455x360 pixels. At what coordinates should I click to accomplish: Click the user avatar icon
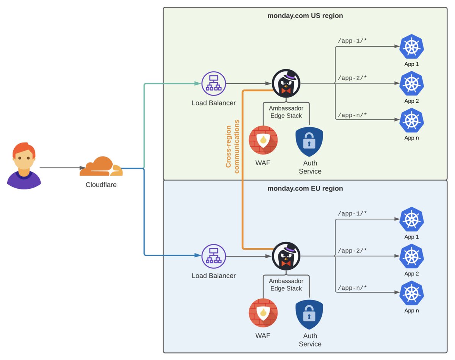pos(24,166)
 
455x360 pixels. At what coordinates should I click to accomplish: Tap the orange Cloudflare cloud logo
pos(101,167)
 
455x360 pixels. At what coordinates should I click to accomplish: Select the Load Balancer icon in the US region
pos(213,83)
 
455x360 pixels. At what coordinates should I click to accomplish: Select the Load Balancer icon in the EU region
pos(213,256)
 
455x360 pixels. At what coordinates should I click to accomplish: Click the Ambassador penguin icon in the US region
pos(286,83)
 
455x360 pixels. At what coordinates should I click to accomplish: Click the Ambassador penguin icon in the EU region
pos(286,256)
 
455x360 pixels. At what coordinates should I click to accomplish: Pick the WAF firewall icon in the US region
pos(263,140)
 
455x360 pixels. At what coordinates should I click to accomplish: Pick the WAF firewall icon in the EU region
pos(263,313)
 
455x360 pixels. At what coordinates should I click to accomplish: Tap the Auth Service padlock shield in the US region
pos(309,142)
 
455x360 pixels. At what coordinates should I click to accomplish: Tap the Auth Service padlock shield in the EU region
pos(309,315)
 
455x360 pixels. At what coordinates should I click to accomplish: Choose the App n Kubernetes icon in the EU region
pos(411,293)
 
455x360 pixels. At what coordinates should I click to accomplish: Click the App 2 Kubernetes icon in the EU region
pos(411,256)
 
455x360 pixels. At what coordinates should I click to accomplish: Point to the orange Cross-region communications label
pos(232,146)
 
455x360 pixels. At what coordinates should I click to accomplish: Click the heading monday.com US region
pos(305,16)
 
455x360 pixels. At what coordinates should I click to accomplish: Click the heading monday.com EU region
pos(305,188)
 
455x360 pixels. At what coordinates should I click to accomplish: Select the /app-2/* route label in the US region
pos(352,78)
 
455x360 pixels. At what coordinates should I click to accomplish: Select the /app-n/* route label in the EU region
pos(352,288)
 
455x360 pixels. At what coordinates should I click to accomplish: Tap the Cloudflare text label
pos(101,185)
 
